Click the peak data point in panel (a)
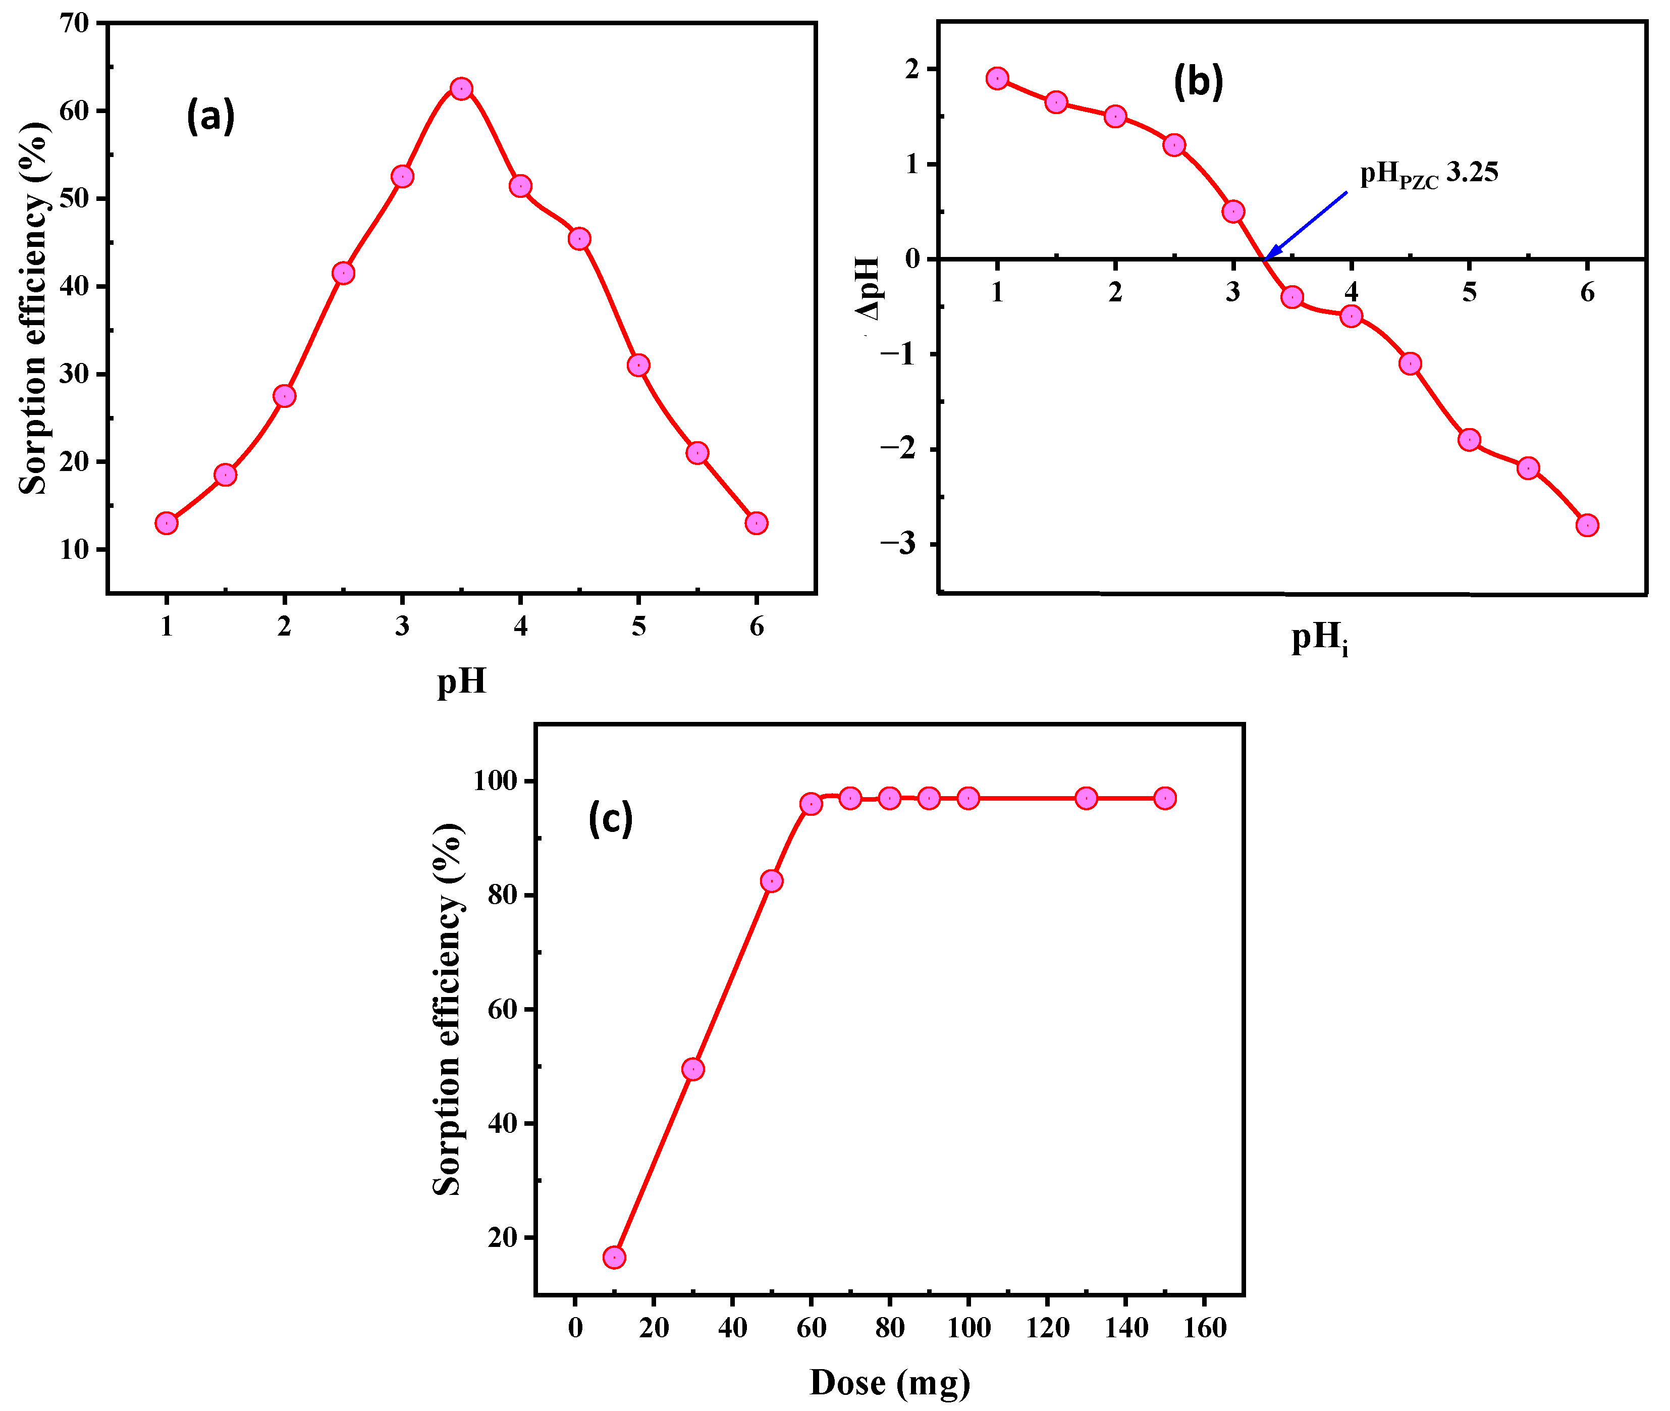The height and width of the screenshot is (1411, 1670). [461, 89]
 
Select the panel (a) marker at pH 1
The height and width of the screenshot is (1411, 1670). [167, 523]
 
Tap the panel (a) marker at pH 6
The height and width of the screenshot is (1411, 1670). [757, 523]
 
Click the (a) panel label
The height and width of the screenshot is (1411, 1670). [210, 117]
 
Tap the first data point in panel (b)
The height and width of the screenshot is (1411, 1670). [997, 78]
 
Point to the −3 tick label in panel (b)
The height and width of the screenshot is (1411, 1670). [897, 544]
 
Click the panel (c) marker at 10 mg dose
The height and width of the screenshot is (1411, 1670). [614, 1258]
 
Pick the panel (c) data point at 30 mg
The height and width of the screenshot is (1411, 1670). [692, 1069]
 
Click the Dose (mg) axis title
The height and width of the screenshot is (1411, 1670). [889, 1383]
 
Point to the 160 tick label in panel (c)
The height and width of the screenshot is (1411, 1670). [1205, 1329]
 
